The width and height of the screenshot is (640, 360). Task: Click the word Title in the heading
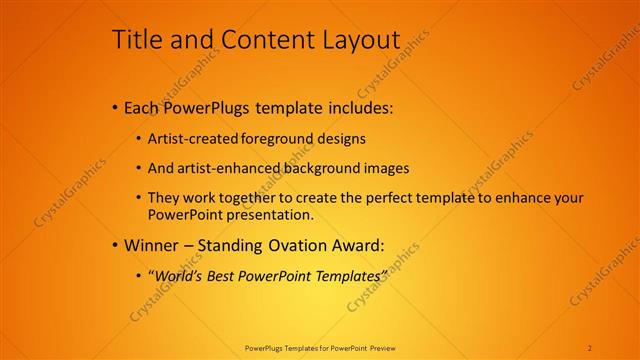click(x=134, y=39)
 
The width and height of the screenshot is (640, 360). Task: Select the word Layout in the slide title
click(x=359, y=39)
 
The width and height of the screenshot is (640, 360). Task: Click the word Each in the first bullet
click(x=141, y=107)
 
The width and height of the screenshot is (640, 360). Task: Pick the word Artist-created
click(x=190, y=139)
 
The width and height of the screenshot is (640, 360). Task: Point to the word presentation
click(x=272, y=214)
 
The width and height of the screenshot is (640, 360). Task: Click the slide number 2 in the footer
click(x=590, y=348)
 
